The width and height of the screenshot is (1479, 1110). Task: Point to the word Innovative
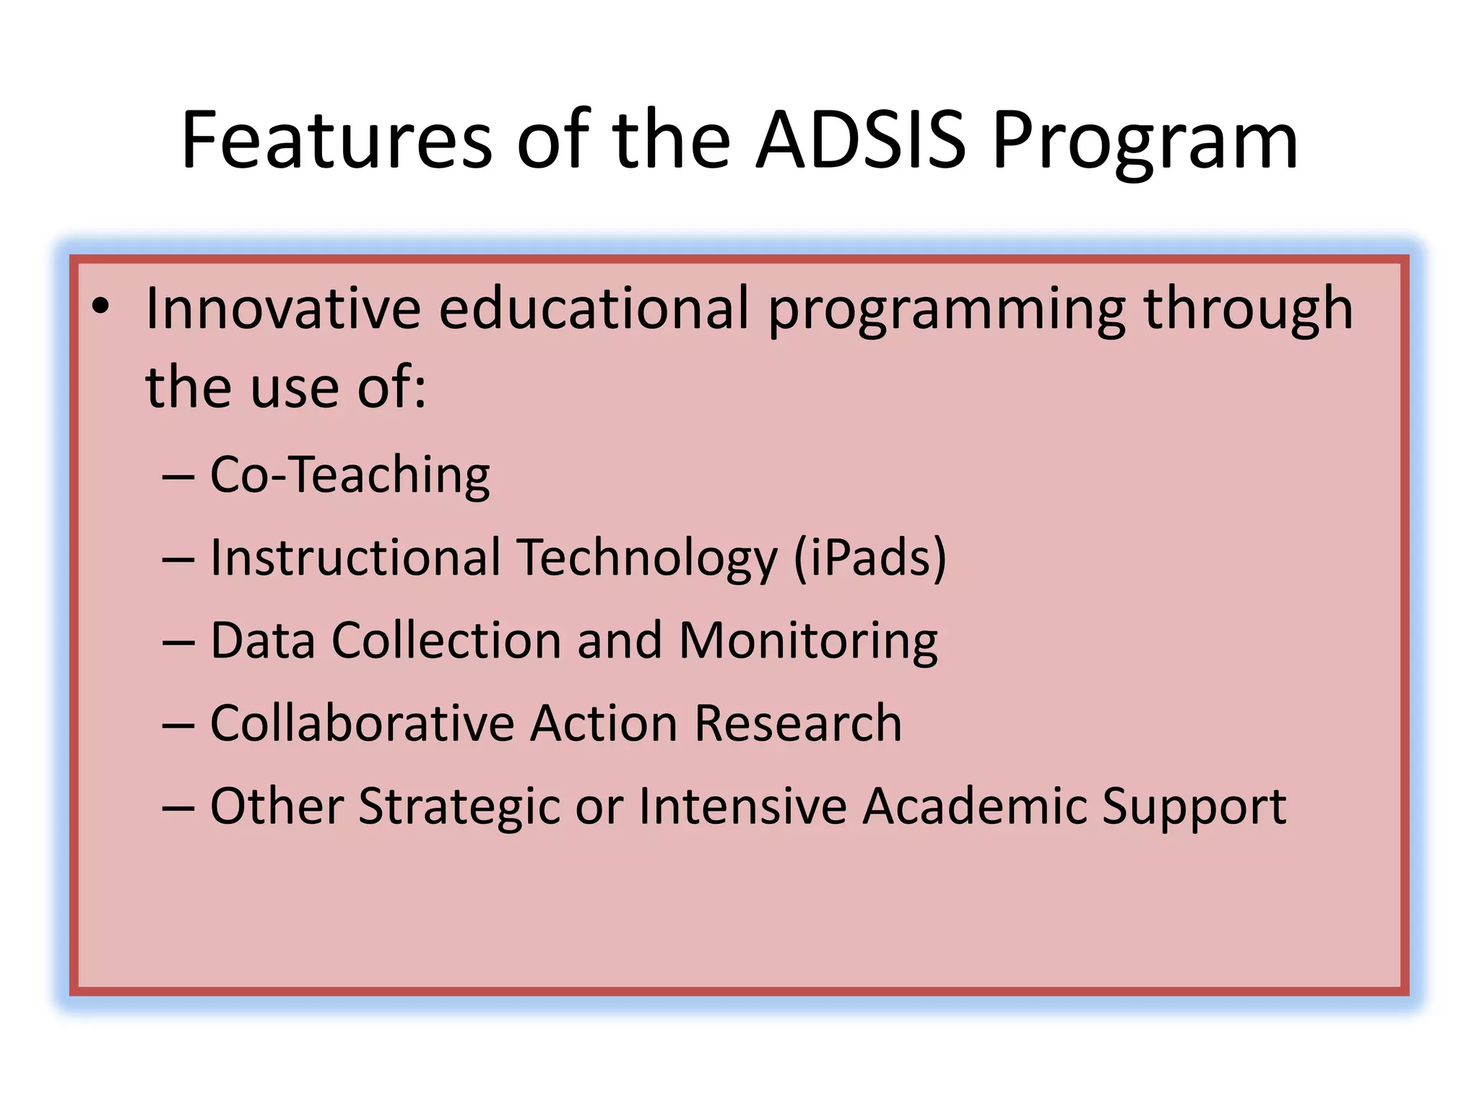tap(283, 309)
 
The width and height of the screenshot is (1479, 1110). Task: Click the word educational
tap(594, 309)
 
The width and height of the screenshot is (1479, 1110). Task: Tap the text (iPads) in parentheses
tap(869, 559)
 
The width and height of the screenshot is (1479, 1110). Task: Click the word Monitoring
tap(808, 642)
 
